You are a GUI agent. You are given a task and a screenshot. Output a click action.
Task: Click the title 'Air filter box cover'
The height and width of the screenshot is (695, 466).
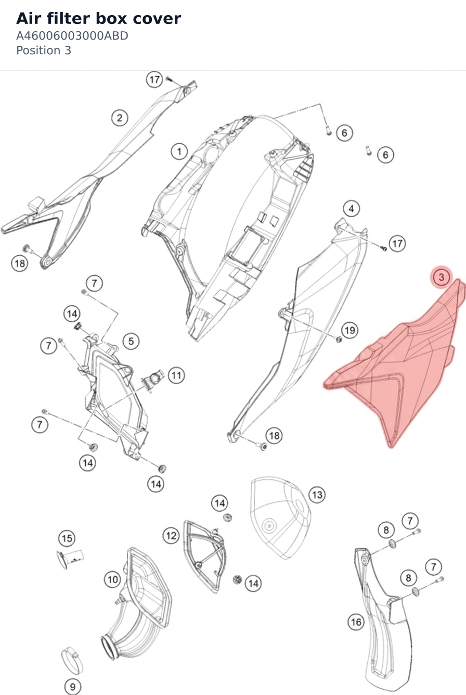tap(99, 18)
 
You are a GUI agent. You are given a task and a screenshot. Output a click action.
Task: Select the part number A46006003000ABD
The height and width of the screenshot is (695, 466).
tap(72, 36)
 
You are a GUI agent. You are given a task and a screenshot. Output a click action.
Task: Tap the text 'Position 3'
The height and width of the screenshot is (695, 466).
tap(44, 50)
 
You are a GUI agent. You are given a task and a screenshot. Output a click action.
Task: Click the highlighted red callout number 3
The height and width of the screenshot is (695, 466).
tap(441, 277)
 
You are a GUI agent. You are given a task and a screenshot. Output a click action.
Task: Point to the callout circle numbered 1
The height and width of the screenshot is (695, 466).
tap(179, 151)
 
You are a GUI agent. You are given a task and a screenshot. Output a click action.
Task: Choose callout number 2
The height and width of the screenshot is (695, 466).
tap(120, 118)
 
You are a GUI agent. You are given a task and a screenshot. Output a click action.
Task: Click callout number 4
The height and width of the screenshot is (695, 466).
tap(351, 208)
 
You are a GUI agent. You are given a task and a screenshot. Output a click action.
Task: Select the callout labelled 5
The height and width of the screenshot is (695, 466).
tap(131, 341)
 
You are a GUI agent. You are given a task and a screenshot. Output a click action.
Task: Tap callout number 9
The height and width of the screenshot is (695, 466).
tap(72, 686)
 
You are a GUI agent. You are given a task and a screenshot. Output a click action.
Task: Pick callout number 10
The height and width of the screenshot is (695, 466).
tap(112, 579)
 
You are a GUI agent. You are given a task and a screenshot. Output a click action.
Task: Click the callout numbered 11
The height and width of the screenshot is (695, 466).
tap(176, 375)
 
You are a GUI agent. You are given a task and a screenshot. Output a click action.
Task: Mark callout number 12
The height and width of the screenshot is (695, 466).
tap(171, 536)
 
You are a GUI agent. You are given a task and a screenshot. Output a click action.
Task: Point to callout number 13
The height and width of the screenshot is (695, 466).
tap(317, 495)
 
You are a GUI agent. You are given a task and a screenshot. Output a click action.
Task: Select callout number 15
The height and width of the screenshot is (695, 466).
tap(67, 538)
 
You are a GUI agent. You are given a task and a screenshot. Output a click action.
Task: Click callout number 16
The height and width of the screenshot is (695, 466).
tap(356, 622)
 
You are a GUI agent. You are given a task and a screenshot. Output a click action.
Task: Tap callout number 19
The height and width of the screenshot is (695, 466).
tap(350, 330)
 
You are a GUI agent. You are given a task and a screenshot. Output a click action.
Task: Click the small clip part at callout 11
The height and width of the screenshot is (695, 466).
tap(152, 379)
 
